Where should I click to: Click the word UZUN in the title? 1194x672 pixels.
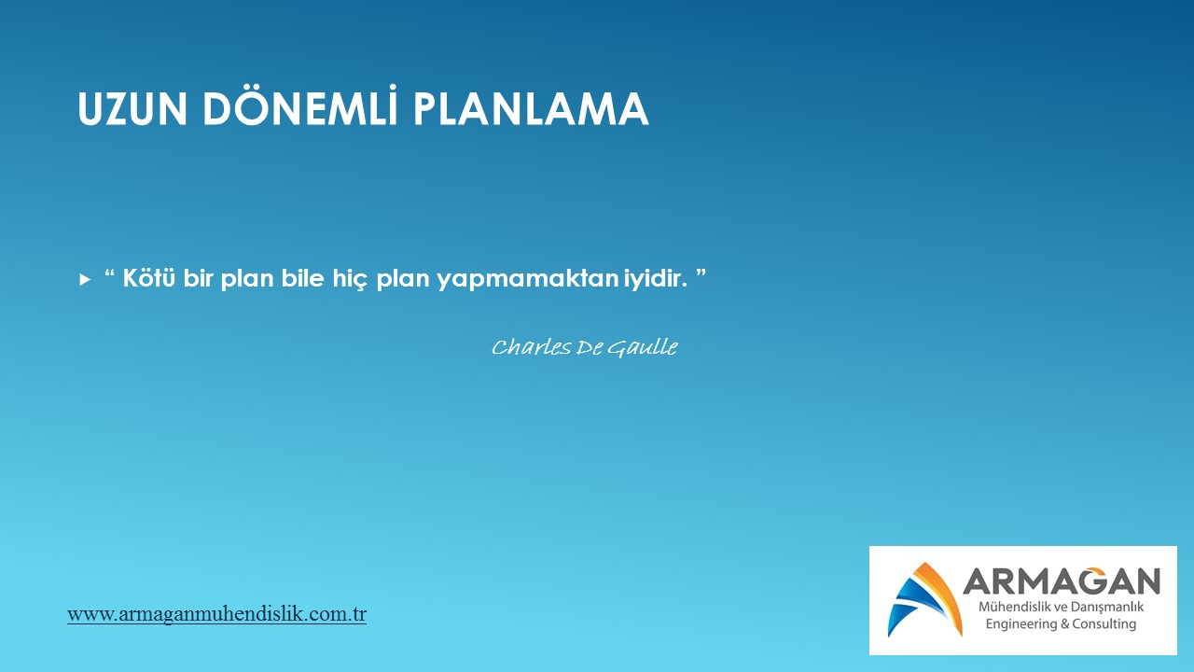pos(132,109)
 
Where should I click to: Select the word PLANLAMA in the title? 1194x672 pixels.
pos(531,109)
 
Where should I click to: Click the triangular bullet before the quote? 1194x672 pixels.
pos(85,279)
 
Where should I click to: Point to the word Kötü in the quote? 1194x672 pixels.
pos(148,278)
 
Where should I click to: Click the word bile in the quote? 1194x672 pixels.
pos(302,278)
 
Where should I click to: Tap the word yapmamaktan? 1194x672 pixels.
pos(527,279)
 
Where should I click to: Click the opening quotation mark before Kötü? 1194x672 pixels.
pos(110,273)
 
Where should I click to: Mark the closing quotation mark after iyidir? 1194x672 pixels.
pos(701,273)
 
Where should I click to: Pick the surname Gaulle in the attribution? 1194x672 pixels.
pos(643,348)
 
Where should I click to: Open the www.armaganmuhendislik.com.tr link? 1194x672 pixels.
pos(217,614)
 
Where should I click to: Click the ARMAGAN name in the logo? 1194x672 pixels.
pos(1062,581)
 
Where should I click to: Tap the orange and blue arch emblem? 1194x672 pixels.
pos(924,599)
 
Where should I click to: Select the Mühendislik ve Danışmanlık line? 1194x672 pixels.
pos(1061,608)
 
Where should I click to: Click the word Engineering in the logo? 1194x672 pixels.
pos(1020,624)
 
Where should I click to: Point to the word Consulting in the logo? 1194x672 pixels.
pos(1104,624)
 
